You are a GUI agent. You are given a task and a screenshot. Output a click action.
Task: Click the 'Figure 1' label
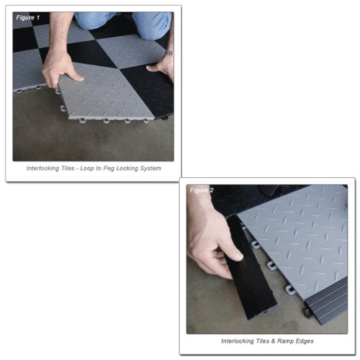pos(27,17)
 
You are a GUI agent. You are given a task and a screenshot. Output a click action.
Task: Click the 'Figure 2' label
pos(201,190)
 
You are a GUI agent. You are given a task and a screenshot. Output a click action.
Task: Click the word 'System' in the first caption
pos(148,168)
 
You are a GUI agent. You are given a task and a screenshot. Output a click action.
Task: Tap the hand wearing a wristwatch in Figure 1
pos(161,66)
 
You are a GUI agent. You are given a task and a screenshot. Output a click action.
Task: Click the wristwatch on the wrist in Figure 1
pos(169,53)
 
